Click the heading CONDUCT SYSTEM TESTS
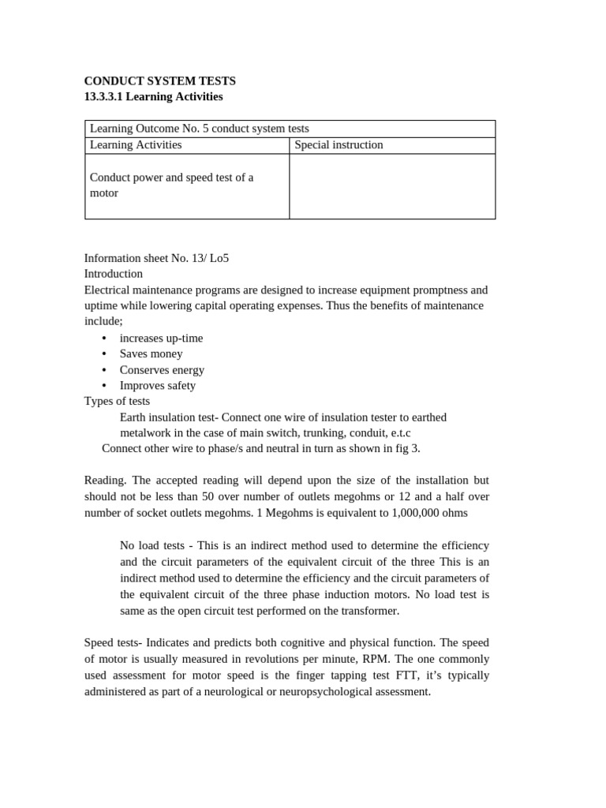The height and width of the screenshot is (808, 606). tap(159, 80)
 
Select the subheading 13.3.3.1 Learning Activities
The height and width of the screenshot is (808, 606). tap(153, 96)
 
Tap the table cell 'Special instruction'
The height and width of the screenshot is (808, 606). tap(339, 145)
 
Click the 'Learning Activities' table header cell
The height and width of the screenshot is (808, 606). tap(136, 145)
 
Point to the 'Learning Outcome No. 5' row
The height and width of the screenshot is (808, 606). tap(200, 129)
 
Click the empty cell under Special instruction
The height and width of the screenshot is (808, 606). tap(392, 186)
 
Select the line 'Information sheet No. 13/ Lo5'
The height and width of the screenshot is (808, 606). tap(156, 258)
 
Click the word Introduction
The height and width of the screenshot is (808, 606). tap(114, 274)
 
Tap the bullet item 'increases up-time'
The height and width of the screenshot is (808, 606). tap(161, 338)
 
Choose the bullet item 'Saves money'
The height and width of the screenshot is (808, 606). tap(151, 353)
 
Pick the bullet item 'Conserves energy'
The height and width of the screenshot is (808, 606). tap(162, 369)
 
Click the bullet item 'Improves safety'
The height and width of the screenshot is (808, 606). tap(158, 385)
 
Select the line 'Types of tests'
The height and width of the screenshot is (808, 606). tap(117, 401)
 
